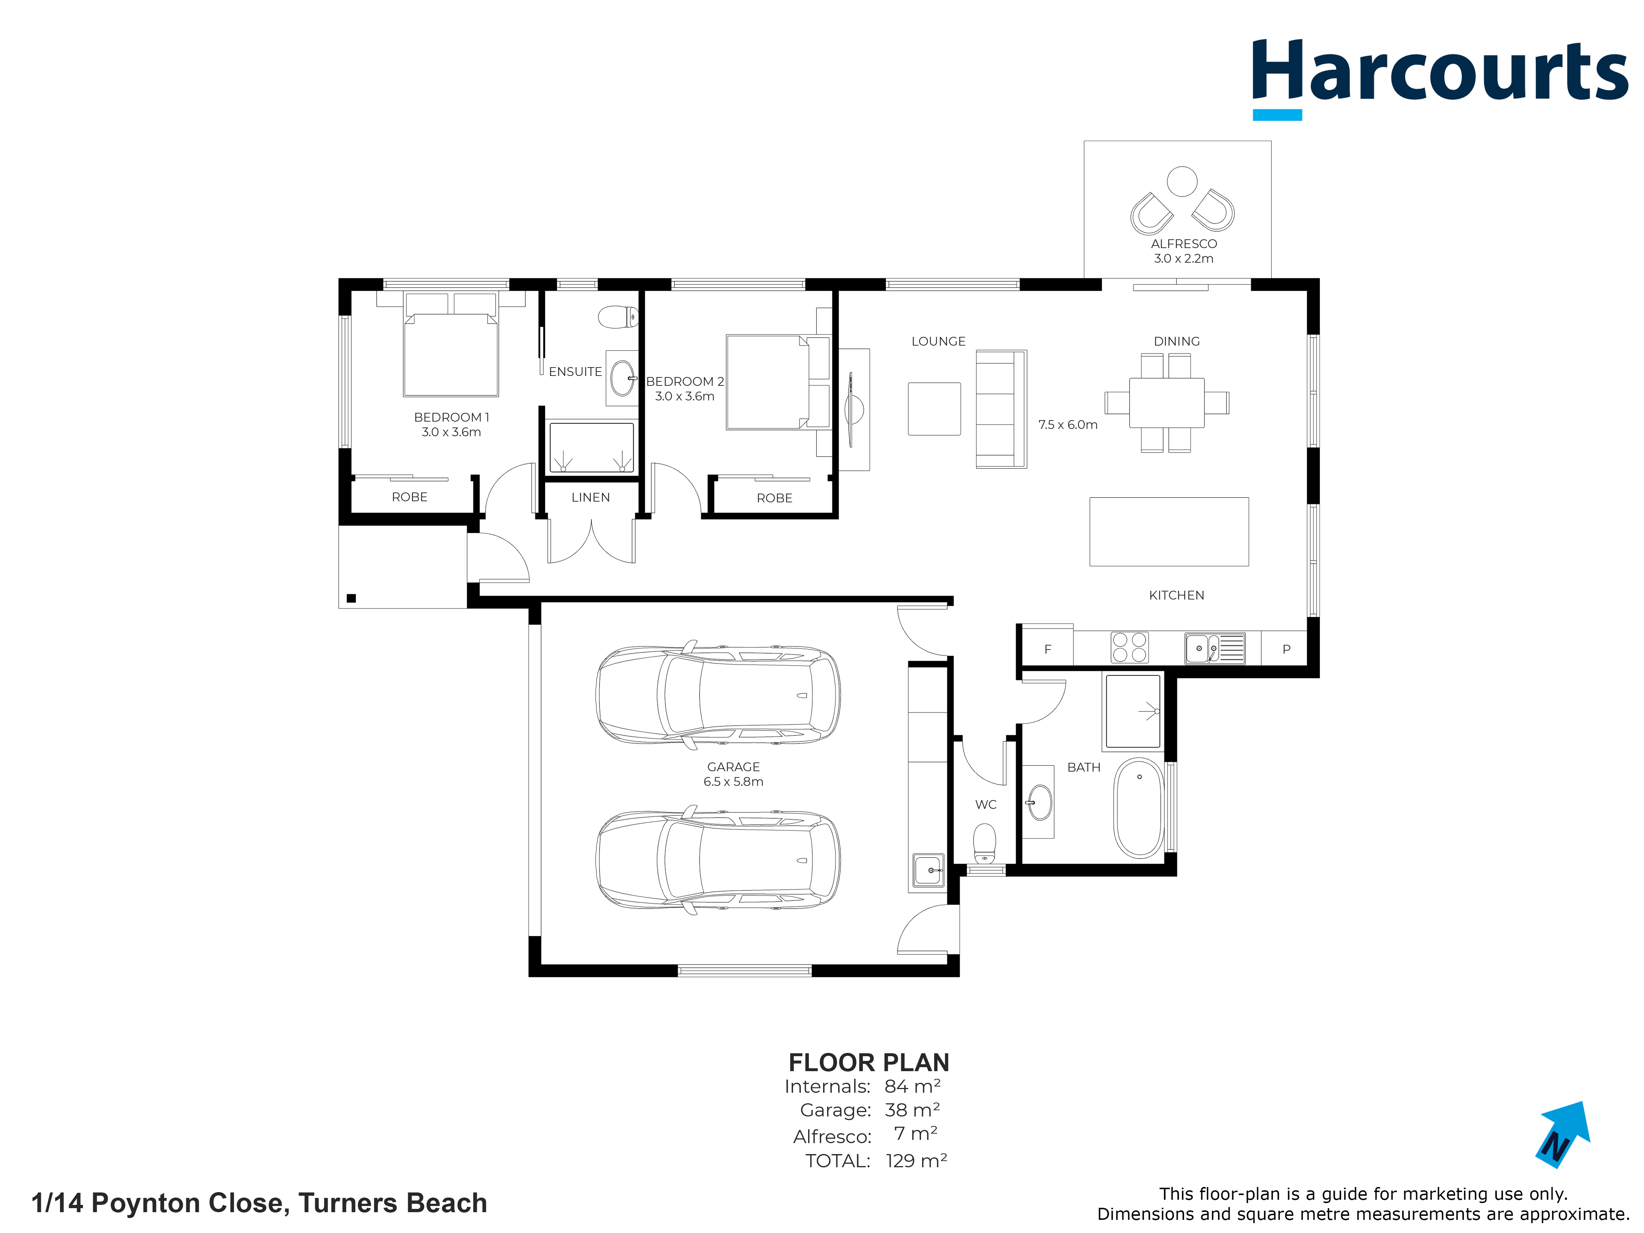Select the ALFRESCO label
1183,244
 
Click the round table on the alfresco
1182,181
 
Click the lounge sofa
1001,409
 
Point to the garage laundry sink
928,870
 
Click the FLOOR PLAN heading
869,1062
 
